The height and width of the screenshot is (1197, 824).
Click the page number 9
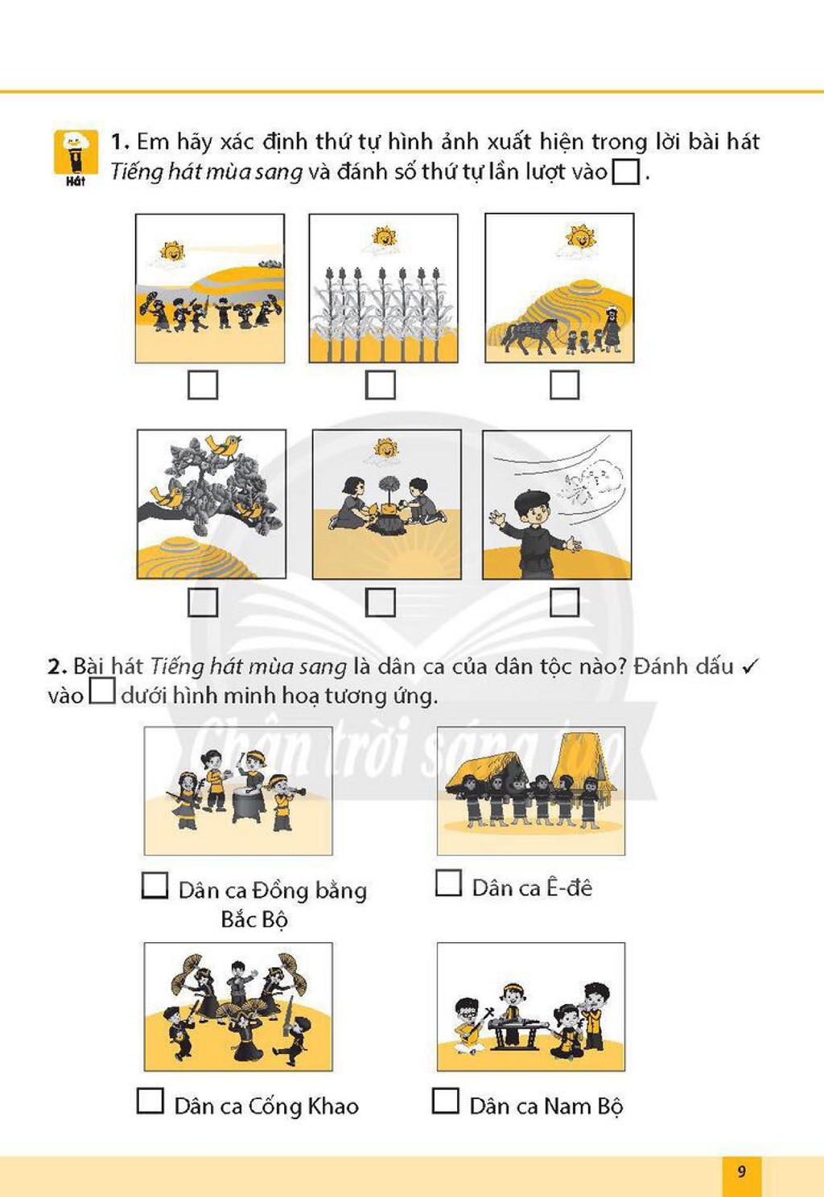click(x=742, y=1172)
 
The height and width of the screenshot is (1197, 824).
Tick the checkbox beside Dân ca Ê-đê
click(x=448, y=883)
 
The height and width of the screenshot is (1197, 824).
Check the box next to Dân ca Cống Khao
click(x=150, y=1101)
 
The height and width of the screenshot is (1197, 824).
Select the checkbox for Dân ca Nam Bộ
click(x=446, y=1101)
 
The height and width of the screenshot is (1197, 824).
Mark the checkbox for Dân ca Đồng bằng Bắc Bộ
click(x=155, y=885)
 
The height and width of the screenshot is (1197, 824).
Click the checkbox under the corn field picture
click(x=381, y=385)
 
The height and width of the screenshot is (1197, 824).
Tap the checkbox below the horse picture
click(x=565, y=385)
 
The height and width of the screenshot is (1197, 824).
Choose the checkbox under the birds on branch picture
click(x=204, y=602)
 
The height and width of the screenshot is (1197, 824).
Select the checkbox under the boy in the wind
click(x=565, y=602)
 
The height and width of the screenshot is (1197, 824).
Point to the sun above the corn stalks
click(x=383, y=236)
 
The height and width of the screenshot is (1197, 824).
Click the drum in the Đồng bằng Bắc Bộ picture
click(x=248, y=805)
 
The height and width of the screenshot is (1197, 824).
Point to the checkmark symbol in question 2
click(x=751, y=666)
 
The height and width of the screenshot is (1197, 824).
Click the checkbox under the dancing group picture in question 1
click(x=204, y=385)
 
